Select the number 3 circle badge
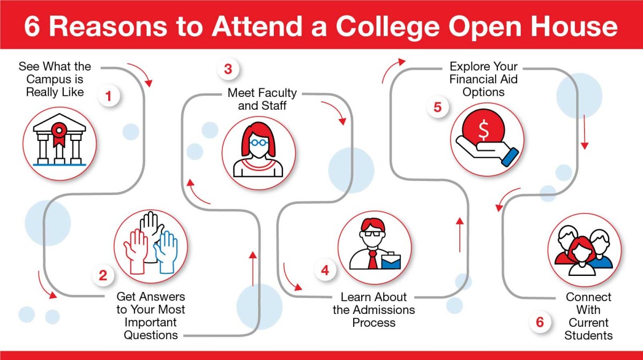(228, 69)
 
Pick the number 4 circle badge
(325, 271)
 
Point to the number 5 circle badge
(438, 107)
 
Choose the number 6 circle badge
(540, 322)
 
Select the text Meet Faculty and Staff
(262, 99)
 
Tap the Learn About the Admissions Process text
(373, 310)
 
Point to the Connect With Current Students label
(588, 316)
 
